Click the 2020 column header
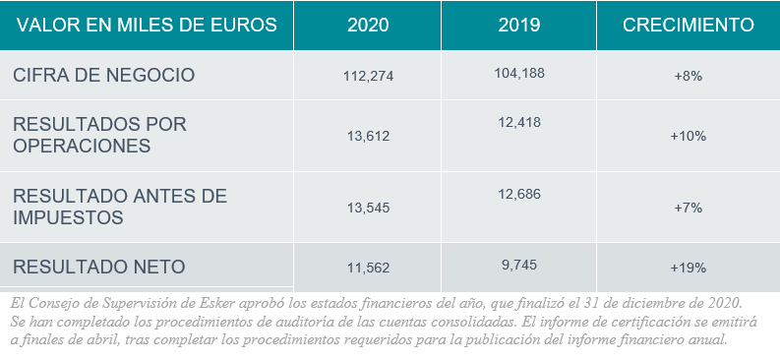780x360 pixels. coord(368,25)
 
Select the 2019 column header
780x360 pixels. coord(519,25)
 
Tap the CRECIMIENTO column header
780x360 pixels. coord(689,25)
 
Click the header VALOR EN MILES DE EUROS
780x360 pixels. coord(145,25)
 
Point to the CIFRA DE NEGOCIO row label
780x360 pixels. coord(103,75)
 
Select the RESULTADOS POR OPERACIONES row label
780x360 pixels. coord(99,135)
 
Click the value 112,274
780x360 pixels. coord(368,76)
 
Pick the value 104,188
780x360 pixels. coord(518,72)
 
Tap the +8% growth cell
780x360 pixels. coord(688,76)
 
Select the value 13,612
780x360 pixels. coord(368,136)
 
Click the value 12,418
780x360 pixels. coord(519,122)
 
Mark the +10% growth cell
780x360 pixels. coord(688,136)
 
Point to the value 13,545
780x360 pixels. coord(368,208)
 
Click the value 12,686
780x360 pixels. coord(519,194)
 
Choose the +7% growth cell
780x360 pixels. coord(688,208)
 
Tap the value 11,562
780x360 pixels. coord(368,267)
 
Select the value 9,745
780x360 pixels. coord(519,264)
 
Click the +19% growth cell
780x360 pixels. coord(688,267)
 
